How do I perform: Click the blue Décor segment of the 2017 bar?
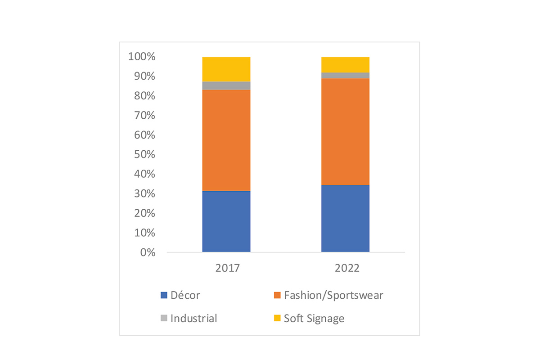click(226, 221)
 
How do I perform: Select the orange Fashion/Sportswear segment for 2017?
click(226, 140)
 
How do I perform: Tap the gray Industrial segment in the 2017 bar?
click(226, 85)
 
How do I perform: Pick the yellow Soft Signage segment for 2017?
click(226, 69)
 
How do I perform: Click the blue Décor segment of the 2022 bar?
click(345, 218)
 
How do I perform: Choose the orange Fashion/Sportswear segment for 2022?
click(345, 131)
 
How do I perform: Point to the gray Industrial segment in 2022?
click(345, 75)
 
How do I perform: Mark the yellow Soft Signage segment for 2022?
click(345, 64)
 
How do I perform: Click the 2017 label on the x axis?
click(227, 268)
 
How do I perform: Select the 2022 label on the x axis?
click(347, 268)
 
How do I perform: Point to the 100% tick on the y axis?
click(142, 57)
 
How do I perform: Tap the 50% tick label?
click(144, 155)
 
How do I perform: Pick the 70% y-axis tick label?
click(144, 116)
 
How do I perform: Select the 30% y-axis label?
click(144, 194)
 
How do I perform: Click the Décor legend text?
click(185, 296)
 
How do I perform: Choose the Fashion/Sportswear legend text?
click(333, 296)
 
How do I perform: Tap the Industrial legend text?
click(193, 319)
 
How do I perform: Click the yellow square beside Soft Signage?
click(277, 319)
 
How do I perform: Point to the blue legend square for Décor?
click(164, 296)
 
